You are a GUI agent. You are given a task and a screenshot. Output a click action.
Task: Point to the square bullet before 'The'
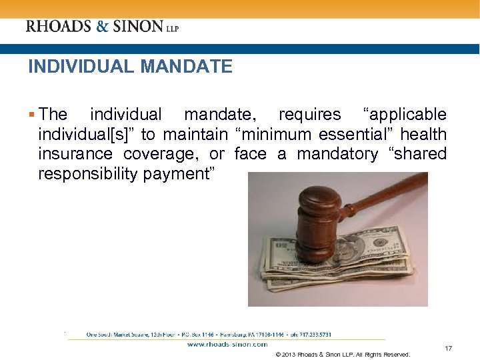tap(33, 115)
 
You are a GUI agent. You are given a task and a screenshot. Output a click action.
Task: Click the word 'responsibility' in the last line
tap(88, 174)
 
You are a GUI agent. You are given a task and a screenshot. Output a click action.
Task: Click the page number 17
tap(449, 348)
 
